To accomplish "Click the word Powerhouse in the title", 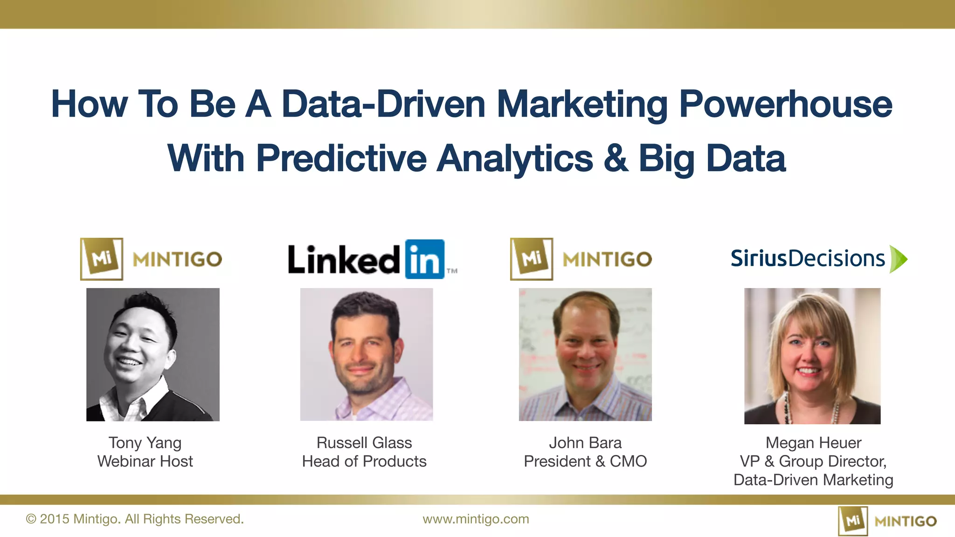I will (785, 104).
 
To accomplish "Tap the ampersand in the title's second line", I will (616, 158).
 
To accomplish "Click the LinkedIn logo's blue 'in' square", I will (424, 260).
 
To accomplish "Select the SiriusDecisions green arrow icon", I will (898, 259).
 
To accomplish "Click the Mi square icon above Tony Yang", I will (102, 259).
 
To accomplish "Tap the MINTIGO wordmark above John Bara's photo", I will (607, 260).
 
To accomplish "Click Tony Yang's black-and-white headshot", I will (153, 354).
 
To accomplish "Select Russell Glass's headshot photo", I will (367, 354).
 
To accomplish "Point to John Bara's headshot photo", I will (585, 354).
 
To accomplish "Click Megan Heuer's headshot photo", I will (812, 356).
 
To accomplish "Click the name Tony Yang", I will (145, 442).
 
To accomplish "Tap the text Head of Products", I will (364, 461).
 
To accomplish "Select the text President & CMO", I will (585, 461).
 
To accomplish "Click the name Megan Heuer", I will (813, 442).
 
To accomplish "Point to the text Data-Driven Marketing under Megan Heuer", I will (813, 480).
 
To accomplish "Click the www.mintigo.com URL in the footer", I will (476, 519).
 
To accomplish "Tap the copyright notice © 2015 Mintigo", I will (135, 519).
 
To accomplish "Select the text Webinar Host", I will (145, 461).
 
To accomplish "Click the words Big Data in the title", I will (712, 158).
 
